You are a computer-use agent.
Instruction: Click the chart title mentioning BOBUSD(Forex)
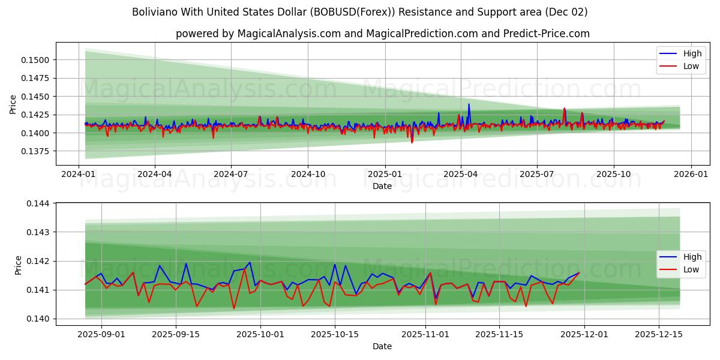coord(359,12)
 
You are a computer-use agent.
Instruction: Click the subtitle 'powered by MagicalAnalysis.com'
coord(382,34)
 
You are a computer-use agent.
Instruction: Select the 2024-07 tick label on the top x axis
coord(231,174)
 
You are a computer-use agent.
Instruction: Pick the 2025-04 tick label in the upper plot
coord(461,174)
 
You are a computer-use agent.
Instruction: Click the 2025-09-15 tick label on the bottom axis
coord(176,335)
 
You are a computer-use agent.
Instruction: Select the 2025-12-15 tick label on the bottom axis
coord(658,335)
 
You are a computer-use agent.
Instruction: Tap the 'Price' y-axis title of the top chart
coord(13,104)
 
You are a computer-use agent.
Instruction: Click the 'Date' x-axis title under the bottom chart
coord(382,346)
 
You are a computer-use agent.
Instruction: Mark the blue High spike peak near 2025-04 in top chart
coord(469,104)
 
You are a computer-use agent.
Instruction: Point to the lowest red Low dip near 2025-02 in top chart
coord(412,142)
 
